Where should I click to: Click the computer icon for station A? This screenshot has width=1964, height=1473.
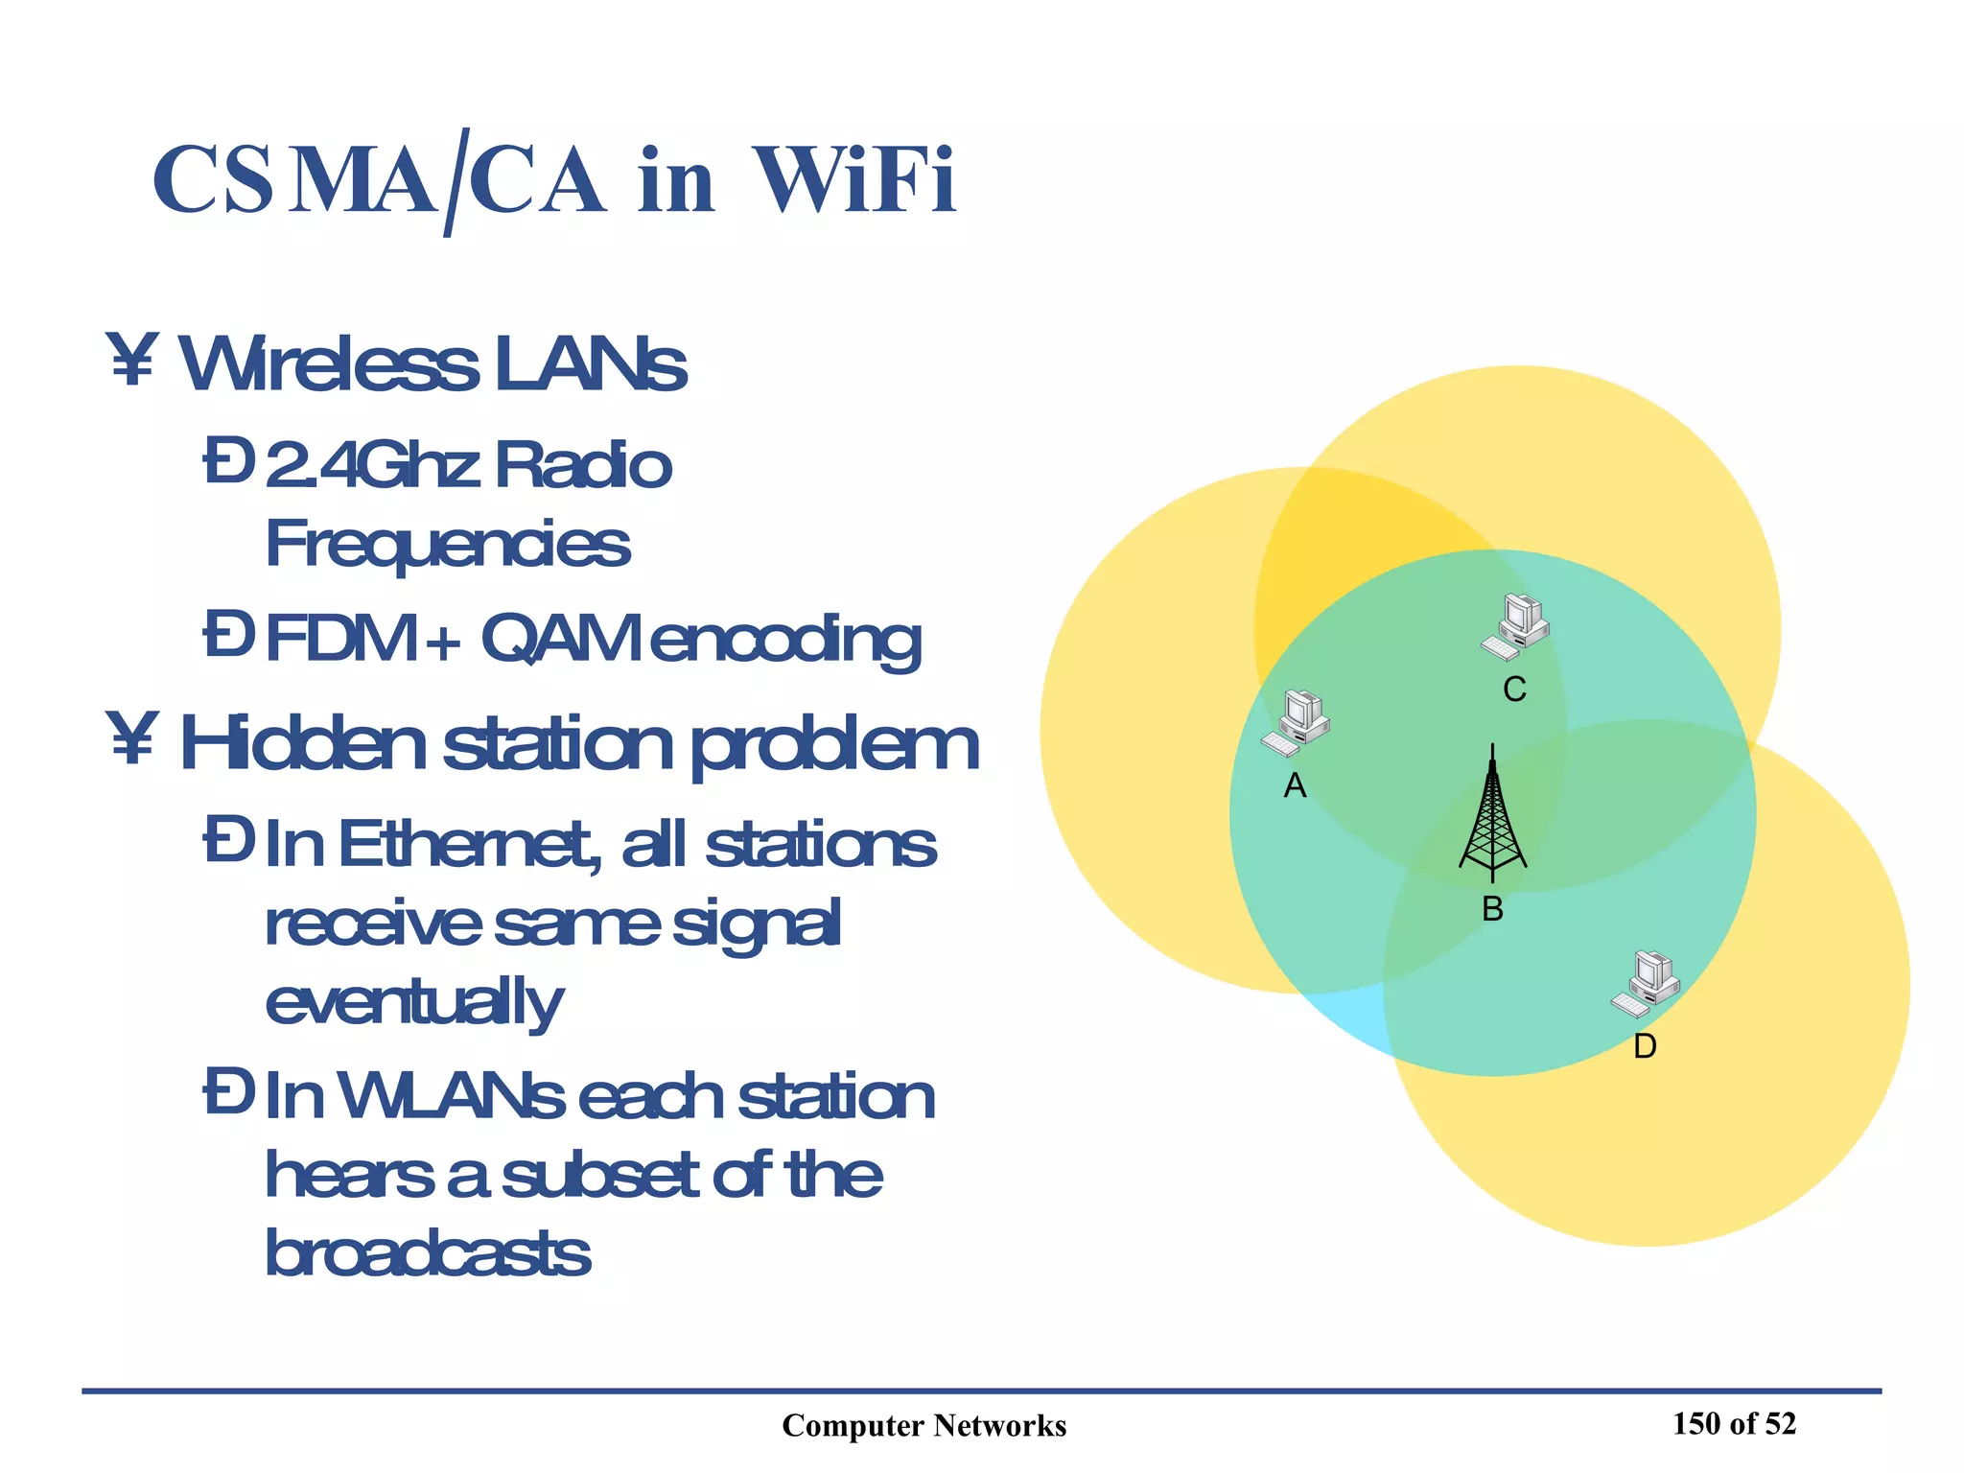[1296, 724]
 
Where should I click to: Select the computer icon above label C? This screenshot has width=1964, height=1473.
[1515, 626]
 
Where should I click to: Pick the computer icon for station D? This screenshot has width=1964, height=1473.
[1645, 984]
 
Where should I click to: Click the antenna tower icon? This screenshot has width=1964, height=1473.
[1492, 815]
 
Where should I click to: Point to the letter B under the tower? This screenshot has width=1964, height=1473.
[1492, 909]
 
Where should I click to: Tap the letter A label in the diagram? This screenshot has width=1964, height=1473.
[1295, 786]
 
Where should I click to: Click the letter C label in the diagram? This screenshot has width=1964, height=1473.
[1514, 690]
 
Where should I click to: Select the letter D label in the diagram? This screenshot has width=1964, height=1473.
[1645, 1046]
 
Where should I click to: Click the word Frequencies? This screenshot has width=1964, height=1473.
[448, 545]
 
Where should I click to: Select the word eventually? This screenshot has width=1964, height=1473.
[414, 1003]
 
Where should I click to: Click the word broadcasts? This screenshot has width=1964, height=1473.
[428, 1253]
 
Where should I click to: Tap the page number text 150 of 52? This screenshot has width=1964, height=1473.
[1734, 1424]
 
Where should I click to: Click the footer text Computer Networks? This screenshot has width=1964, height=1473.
[924, 1426]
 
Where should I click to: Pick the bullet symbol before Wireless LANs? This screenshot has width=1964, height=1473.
[131, 362]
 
